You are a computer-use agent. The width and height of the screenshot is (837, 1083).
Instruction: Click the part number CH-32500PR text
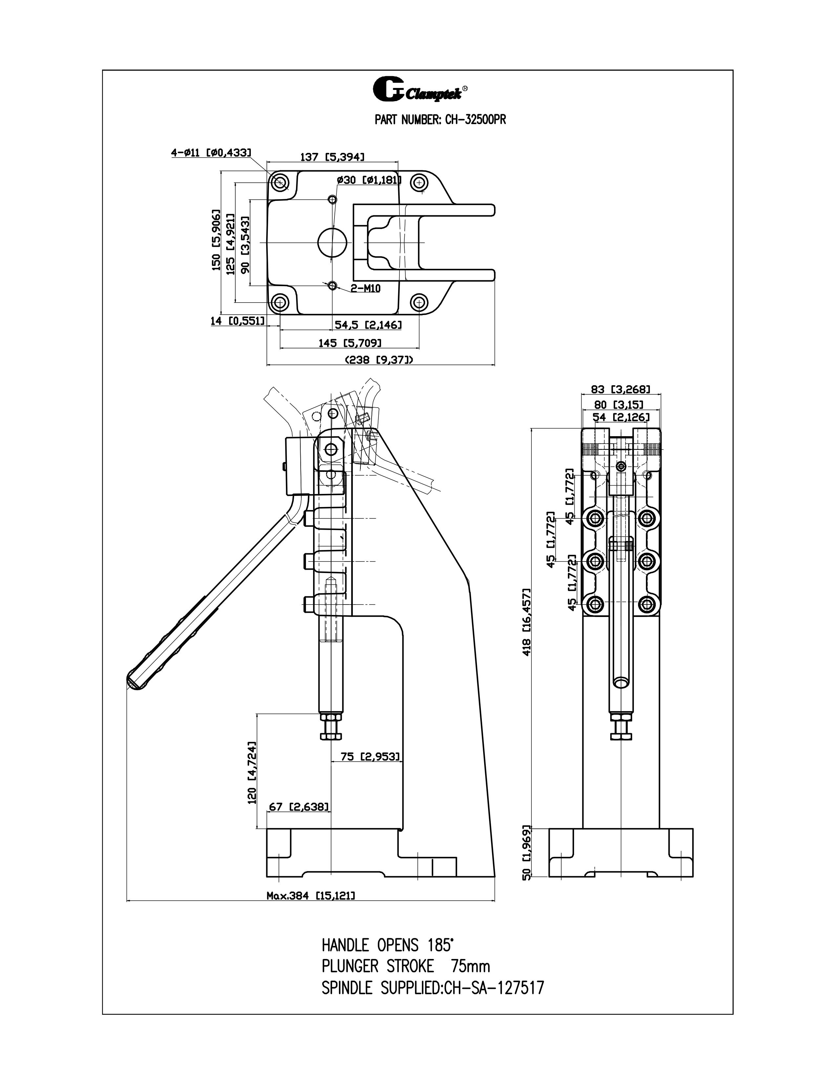click(x=440, y=120)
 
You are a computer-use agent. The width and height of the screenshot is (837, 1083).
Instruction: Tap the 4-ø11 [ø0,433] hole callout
click(x=211, y=153)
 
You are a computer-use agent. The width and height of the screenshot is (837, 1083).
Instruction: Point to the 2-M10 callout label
click(x=365, y=288)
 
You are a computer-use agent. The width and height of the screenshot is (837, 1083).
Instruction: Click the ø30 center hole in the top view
click(x=332, y=243)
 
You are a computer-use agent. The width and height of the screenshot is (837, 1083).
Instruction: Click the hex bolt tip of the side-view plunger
click(x=331, y=733)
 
